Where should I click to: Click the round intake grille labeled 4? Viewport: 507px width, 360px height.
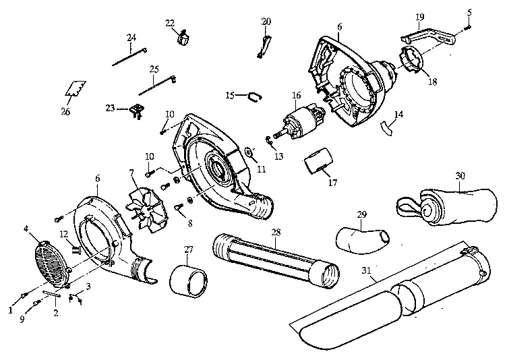click(x=53, y=258)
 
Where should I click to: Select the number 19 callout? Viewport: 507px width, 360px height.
click(x=419, y=16)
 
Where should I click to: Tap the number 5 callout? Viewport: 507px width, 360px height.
click(x=470, y=11)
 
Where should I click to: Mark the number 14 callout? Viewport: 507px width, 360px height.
click(x=399, y=115)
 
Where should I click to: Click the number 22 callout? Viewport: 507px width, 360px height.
click(x=170, y=23)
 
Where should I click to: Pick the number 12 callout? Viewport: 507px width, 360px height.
click(x=63, y=233)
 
